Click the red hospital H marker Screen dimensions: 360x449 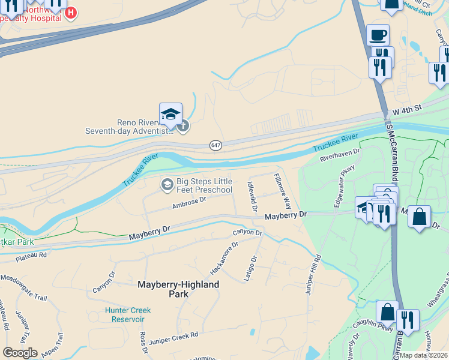71,13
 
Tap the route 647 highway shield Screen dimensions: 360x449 216,146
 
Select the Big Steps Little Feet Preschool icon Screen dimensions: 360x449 167,185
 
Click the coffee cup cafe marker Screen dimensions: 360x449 377,35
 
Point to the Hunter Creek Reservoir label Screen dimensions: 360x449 128,314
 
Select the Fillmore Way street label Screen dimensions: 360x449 282,191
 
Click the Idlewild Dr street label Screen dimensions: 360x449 253,197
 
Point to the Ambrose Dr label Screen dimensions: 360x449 189,203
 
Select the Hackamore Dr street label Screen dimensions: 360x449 224,254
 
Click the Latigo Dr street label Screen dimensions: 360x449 250,269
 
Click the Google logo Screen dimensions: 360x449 19,353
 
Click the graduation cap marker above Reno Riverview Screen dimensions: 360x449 170,113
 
